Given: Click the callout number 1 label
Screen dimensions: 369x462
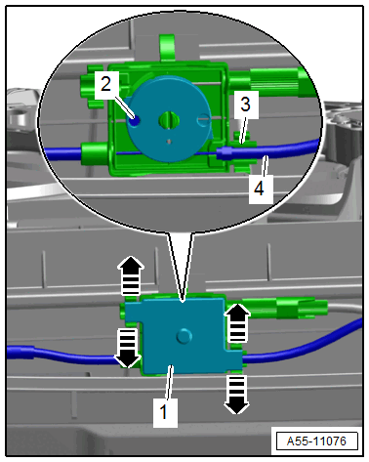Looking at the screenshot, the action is pos(165,412).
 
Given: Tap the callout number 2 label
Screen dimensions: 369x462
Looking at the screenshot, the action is pos(106,85).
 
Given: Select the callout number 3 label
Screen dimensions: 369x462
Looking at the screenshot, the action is pos(246,105).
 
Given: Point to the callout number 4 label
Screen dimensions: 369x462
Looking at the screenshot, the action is pos(261,189).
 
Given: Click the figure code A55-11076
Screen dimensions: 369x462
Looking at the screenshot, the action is pos(316,441).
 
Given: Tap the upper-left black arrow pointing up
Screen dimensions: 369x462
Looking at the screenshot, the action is pos(131,275).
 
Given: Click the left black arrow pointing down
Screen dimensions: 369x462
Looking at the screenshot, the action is pos(128,348).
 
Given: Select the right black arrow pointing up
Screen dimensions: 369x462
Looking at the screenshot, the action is pos(238,322).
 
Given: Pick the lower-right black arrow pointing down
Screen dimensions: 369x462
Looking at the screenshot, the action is pos(236,395).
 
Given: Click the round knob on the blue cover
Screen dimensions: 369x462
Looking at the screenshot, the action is pos(184,336).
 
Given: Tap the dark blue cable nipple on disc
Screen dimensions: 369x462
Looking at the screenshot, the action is pos(134,121).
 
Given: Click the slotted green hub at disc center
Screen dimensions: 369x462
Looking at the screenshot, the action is pos(169,120).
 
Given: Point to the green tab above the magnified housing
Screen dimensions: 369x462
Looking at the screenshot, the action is pos(168,47).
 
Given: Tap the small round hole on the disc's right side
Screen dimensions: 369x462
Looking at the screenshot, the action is pos(204,119).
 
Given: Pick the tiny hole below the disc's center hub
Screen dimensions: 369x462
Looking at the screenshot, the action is pos(169,142).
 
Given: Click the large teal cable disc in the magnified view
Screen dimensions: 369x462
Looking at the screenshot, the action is pos(169,118).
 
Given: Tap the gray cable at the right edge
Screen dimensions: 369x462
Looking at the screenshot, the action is pos(345,309).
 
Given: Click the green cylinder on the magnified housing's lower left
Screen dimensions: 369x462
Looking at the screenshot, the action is pos(95,152).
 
